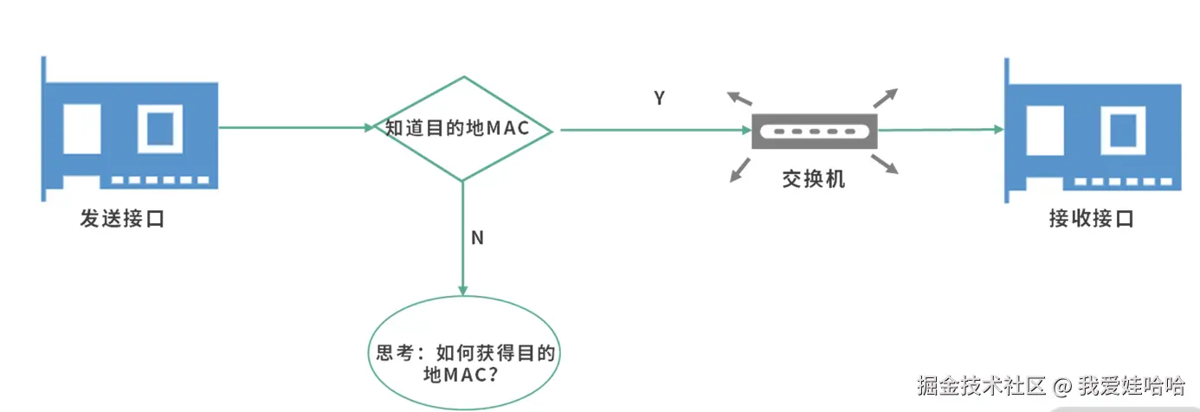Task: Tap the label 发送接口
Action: (x=122, y=219)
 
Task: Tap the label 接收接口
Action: (x=1091, y=219)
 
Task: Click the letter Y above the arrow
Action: (x=659, y=99)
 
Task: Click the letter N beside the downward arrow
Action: (x=477, y=238)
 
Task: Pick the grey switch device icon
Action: (x=814, y=132)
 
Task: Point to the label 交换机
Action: (x=813, y=179)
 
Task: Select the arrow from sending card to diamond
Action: (x=294, y=128)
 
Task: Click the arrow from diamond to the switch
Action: (x=654, y=130)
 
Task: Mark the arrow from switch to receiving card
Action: (x=939, y=130)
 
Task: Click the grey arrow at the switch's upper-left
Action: (x=739, y=98)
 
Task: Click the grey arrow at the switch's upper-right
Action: (x=887, y=98)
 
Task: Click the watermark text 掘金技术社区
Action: (x=982, y=385)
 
